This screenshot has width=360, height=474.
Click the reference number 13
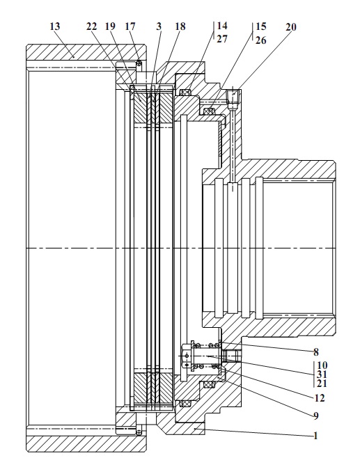click(x=55, y=26)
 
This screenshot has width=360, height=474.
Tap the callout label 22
click(x=91, y=26)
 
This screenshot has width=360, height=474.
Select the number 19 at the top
click(x=111, y=26)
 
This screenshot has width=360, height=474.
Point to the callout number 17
click(x=130, y=26)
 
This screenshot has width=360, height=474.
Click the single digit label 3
click(x=159, y=26)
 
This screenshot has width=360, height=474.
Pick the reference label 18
click(x=180, y=26)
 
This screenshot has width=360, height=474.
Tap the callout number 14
click(x=221, y=26)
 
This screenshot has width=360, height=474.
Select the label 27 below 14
click(x=221, y=39)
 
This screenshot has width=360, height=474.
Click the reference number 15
click(x=260, y=26)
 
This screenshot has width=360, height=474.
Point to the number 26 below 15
click(x=260, y=40)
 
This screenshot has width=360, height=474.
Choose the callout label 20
click(x=291, y=27)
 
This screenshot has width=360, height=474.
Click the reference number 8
click(x=316, y=352)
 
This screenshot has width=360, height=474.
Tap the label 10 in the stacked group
click(x=322, y=365)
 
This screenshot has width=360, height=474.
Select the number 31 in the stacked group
click(x=322, y=374)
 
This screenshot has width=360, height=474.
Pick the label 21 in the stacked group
click(x=322, y=384)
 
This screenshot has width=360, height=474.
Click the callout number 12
click(x=320, y=398)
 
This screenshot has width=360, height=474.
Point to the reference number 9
click(x=316, y=416)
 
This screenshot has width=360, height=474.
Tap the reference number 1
click(x=315, y=436)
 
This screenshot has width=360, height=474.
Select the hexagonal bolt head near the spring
click(x=186, y=356)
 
